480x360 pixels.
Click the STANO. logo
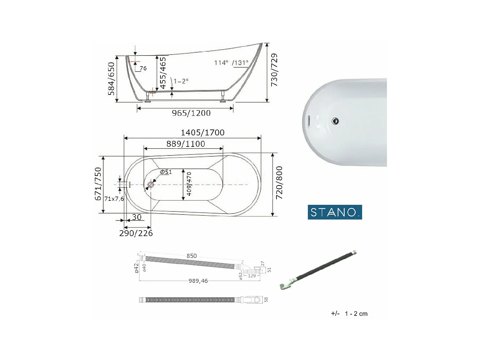[x=335, y=212]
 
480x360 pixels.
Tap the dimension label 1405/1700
[x=203, y=132]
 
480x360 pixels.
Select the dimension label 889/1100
[x=186, y=144]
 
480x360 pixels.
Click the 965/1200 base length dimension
[x=191, y=113]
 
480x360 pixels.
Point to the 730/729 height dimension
[x=274, y=70]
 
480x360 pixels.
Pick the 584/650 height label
[x=111, y=78]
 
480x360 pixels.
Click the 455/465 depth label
[x=162, y=73]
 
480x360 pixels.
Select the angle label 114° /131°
[x=231, y=63]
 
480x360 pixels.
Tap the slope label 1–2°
[x=181, y=81]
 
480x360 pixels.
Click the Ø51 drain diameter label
[x=166, y=172]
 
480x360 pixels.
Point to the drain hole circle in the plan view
[x=151, y=185]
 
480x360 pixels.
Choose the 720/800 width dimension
[x=279, y=183]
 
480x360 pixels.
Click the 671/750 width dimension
[x=98, y=184]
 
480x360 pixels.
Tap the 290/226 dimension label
[x=136, y=233]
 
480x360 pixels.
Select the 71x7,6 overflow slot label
[x=114, y=199]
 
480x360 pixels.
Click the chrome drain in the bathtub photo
[x=335, y=121]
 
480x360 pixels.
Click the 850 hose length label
[x=192, y=256]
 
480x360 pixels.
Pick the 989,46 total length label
[x=198, y=281]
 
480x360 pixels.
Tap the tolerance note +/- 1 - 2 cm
[x=349, y=314]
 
